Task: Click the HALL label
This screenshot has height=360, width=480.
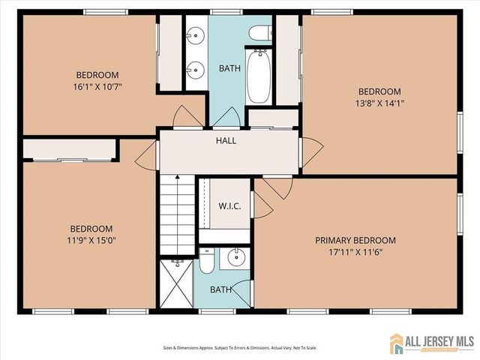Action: tap(226, 140)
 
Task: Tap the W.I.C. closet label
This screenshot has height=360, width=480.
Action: tap(229, 205)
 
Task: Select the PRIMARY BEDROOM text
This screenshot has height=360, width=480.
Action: tap(355, 240)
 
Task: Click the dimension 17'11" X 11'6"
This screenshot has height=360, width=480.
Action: tap(355, 253)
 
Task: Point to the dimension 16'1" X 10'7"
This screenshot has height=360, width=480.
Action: tap(98, 86)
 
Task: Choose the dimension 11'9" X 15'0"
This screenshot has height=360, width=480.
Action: tap(91, 241)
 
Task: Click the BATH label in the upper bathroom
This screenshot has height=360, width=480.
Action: tap(229, 68)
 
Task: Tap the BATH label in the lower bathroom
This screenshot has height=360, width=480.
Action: tap(220, 289)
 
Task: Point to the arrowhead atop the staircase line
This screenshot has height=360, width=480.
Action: tap(177, 178)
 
